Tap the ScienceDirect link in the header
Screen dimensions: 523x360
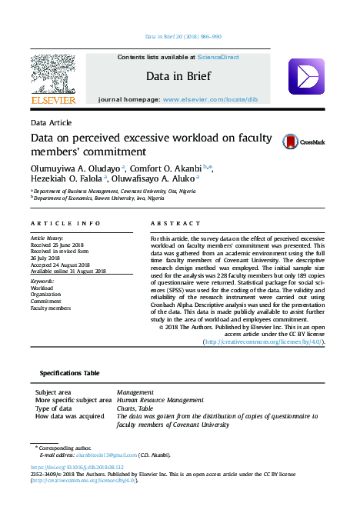218,58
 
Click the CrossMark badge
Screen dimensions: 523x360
304,142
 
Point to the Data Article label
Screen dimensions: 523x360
51,123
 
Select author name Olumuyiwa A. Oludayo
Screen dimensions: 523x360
73,168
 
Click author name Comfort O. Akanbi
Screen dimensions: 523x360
165,168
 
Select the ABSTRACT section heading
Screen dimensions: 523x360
165,223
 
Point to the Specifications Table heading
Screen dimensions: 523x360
69,373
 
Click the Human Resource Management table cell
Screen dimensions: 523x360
160,401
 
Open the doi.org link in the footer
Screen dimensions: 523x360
76,467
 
